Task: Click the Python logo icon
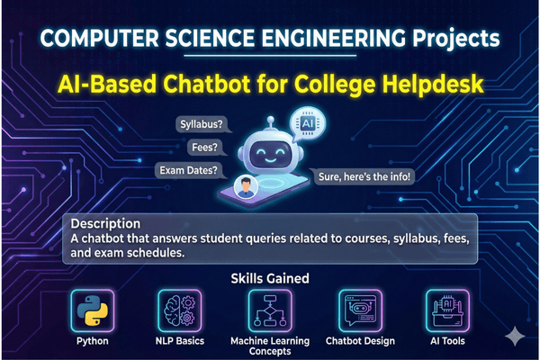coord(88,310)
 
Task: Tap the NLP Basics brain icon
coord(179,310)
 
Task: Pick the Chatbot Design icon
coord(360,310)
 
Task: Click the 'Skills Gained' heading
coord(269,280)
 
